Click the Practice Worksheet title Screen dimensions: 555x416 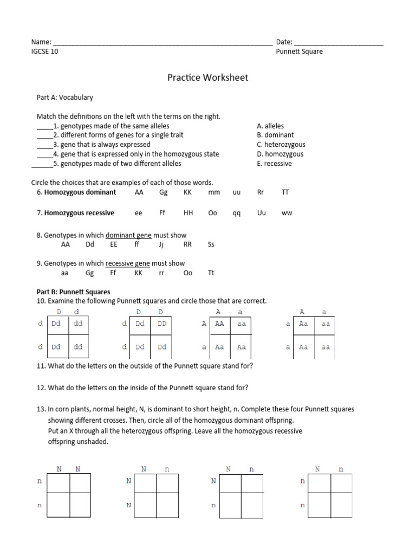click(x=207, y=78)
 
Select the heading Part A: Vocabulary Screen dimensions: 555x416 click(x=64, y=98)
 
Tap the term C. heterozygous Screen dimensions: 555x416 click(x=281, y=145)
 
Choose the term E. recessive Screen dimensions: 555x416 click(x=274, y=164)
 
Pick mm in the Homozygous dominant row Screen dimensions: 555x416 click(x=214, y=192)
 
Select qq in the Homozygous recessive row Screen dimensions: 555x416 click(x=236, y=213)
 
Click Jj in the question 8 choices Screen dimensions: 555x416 click(x=161, y=244)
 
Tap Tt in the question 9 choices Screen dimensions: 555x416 click(x=211, y=273)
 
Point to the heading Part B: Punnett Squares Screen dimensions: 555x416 click(x=73, y=292)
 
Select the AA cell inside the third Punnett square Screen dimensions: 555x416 click(x=219, y=324)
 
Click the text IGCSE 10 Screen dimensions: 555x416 click(x=45, y=52)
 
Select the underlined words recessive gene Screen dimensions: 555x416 click(x=128, y=264)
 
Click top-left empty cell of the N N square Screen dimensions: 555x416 click(x=58, y=482)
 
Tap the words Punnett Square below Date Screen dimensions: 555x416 click(x=299, y=52)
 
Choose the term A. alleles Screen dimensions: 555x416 click(x=270, y=126)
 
